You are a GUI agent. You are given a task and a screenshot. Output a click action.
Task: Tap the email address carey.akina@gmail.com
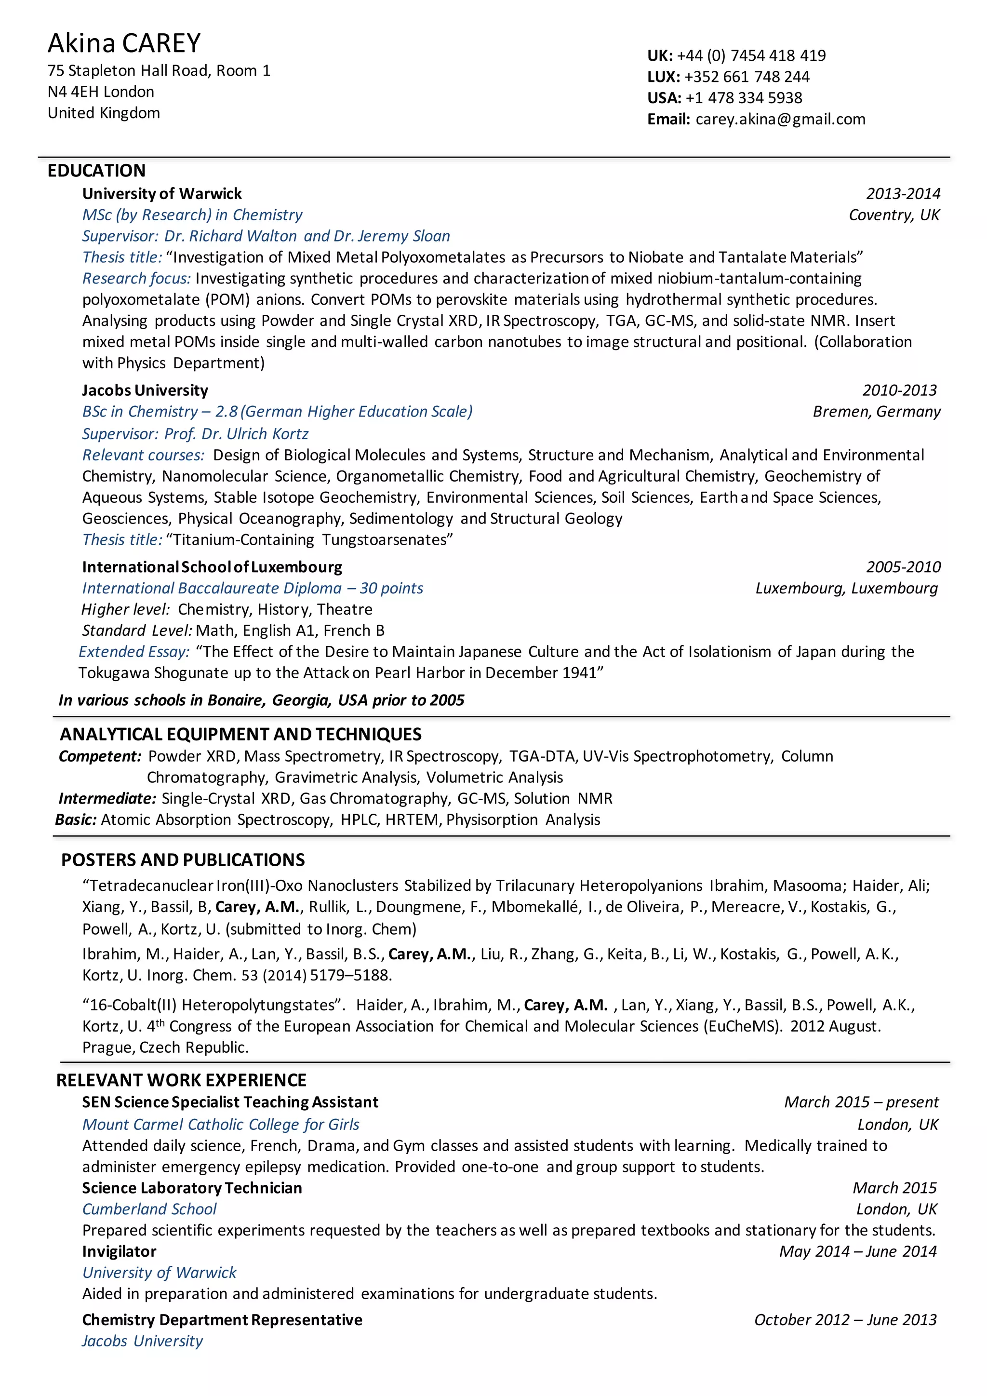pos(780,119)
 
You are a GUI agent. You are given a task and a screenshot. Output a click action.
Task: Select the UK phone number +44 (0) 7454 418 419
pos(751,56)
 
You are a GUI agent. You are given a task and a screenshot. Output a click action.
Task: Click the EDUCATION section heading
pos(97,170)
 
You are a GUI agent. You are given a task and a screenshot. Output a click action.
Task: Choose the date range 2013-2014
pos(903,194)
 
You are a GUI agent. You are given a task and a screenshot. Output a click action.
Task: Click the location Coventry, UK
pos(894,215)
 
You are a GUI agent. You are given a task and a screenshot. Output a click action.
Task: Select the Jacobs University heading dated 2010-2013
pos(145,390)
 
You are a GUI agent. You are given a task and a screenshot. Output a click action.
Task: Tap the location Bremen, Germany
pos(876,412)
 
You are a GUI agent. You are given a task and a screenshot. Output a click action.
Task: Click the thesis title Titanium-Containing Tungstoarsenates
pos(309,540)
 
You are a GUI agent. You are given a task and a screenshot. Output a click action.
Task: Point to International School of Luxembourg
pos(212,567)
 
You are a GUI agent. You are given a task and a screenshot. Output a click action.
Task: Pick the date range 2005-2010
pos(903,567)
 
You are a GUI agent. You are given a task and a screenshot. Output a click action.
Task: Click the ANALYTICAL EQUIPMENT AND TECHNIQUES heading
pos(240,735)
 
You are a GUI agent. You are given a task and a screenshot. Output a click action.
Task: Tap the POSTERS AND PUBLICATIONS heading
pos(183,860)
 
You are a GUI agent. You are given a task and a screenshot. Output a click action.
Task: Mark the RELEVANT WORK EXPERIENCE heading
pos(181,1080)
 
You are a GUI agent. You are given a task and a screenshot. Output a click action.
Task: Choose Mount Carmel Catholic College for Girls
pos(221,1125)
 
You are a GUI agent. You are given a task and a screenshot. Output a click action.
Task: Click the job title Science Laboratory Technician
pos(192,1188)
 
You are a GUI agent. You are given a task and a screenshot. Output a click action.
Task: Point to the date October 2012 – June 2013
pos(845,1320)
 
